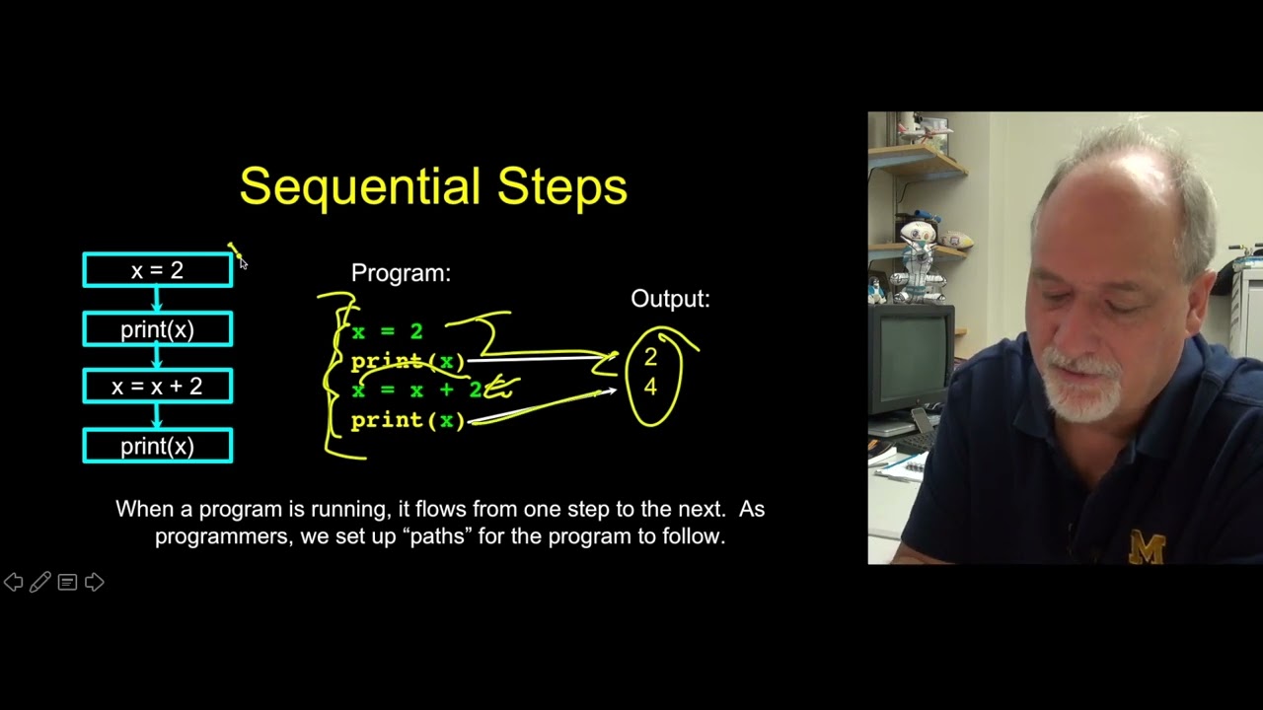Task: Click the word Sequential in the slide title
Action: pos(361,186)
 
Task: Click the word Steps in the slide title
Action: pos(561,186)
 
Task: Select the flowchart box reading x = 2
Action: pos(158,270)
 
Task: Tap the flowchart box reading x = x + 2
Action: pos(158,387)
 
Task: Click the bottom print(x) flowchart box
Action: pos(158,447)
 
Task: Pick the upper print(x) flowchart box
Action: pos(158,329)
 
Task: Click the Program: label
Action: pos(401,273)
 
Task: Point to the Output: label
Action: pos(670,299)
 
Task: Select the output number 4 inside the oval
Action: pos(650,388)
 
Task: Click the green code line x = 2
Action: pos(387,333)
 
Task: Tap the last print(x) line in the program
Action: pos(408,421)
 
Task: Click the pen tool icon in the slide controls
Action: pos(40,583)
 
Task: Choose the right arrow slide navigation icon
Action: pos(95,583)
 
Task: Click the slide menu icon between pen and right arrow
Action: pos(67,583)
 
